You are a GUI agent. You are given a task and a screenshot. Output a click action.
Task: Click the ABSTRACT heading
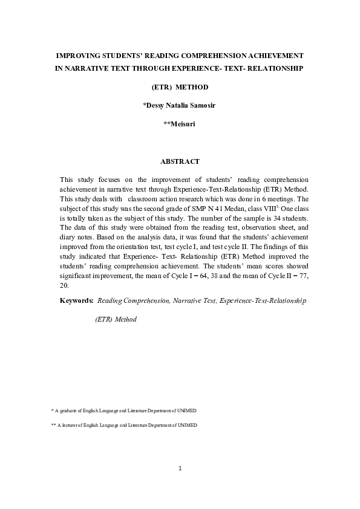180,161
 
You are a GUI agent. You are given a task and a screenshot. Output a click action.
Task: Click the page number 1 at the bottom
180,468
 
